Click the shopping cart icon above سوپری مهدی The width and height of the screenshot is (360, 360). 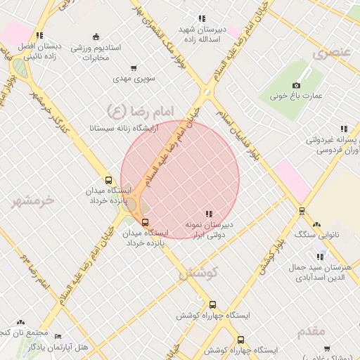click(x=134, y=69)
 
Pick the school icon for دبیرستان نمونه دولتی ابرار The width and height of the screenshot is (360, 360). click(x=209, y=213)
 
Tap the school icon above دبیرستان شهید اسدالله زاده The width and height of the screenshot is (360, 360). click(x=202, y=18)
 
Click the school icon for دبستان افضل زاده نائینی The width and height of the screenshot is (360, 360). click(x=40, y=35)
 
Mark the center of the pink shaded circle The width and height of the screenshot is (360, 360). click(x=180, y=180)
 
